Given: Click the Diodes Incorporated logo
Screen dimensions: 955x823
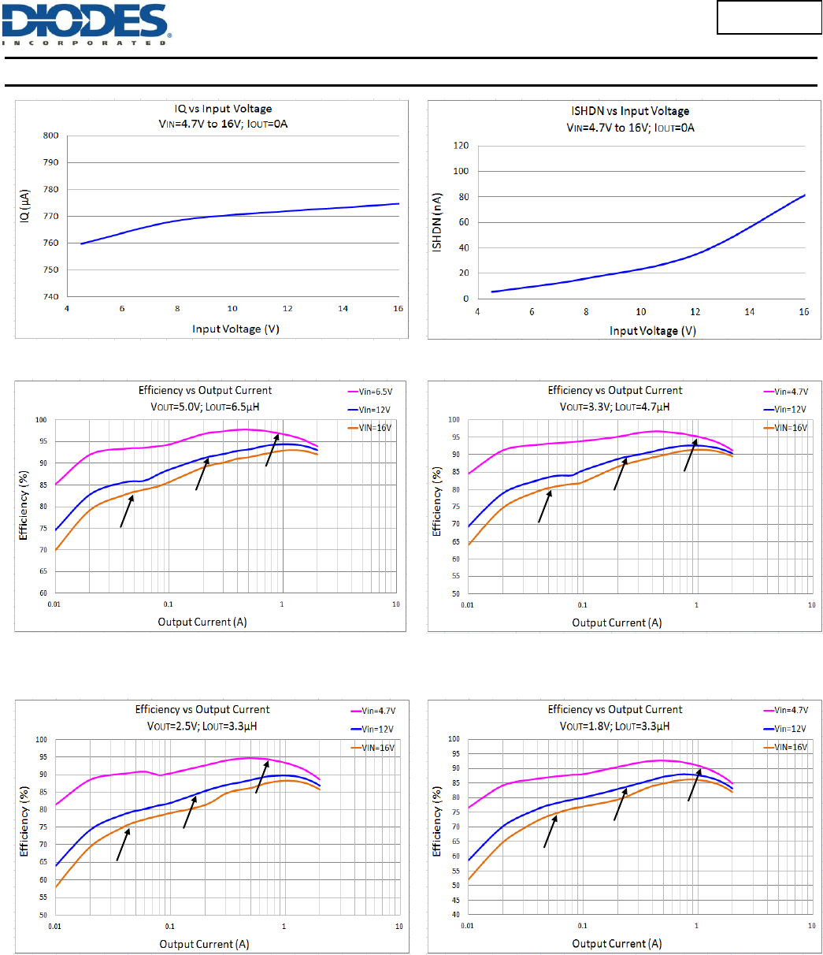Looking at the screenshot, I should pyautogui.click(x=87, y=24).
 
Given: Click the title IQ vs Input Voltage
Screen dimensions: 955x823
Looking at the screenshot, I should pyautogui.click(x=224, y=109).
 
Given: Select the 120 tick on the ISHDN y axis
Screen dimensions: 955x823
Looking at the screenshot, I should pyautogui.click(x=463, y=146).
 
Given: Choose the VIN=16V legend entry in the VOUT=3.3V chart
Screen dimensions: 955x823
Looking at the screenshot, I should pyautogui.click(x=789, y=427).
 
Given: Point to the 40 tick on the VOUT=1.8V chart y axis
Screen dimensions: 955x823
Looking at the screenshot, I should pyautogui.click(x=455, y=915).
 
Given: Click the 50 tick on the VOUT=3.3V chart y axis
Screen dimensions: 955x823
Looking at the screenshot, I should pyautogui.click(x=455, y=593).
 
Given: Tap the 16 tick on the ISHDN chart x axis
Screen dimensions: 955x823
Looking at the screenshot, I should pyautogui.click(x=804, y=312).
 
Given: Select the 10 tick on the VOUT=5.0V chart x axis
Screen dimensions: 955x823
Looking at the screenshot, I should pyautogui.click(x=395, y=604).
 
